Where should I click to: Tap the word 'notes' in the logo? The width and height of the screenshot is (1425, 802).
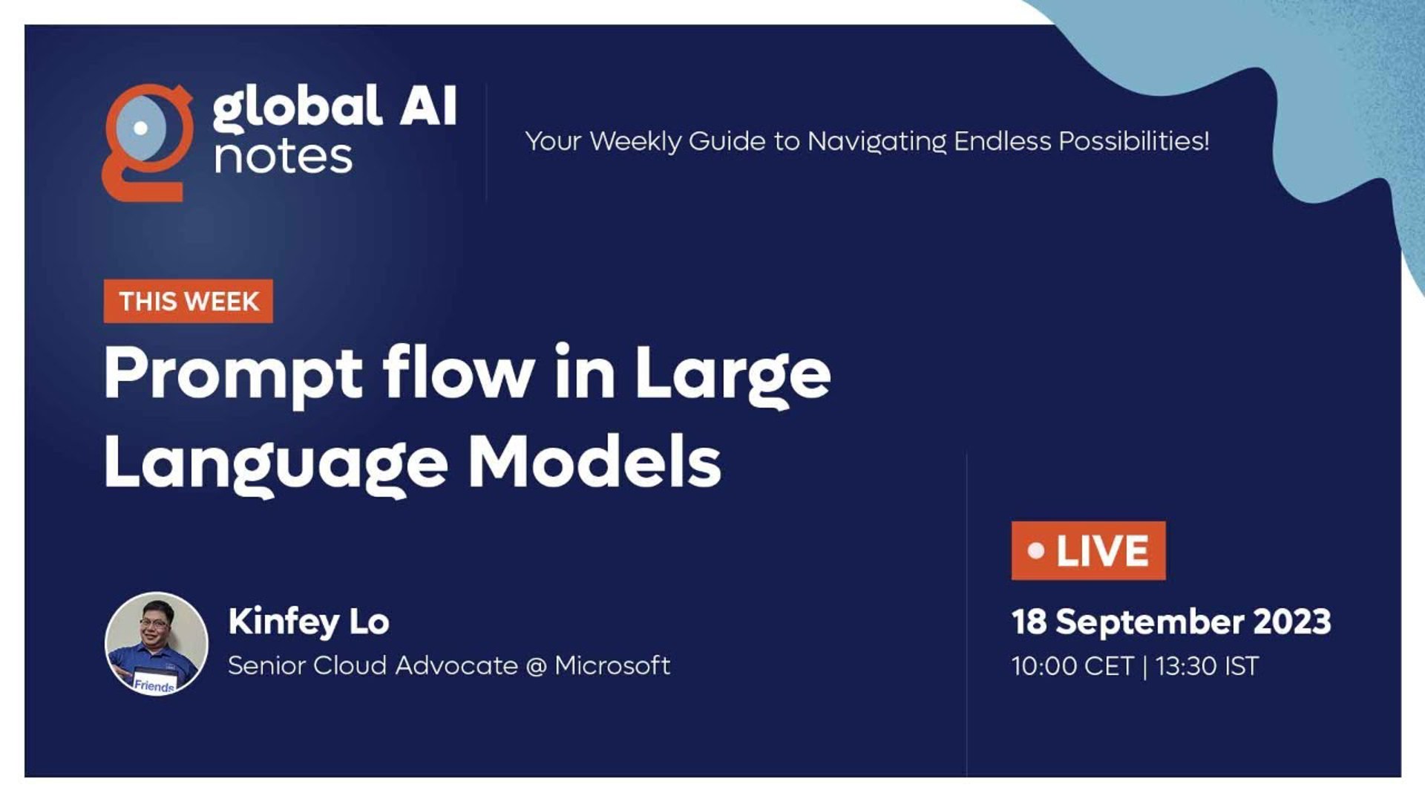[283, 157]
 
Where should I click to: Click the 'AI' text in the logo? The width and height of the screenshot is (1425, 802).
[428, 105]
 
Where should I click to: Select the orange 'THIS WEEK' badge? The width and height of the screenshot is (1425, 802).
[189, 301]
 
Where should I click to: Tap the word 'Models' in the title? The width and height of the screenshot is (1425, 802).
[594, 460]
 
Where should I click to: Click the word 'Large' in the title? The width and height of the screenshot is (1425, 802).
[733, 375]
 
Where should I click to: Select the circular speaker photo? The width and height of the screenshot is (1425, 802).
[157, 644]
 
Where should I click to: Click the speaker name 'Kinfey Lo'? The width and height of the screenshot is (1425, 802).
[309, 622]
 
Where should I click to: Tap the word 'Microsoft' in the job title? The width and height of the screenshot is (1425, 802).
[612, 665]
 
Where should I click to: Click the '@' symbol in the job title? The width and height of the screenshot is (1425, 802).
[537, 666]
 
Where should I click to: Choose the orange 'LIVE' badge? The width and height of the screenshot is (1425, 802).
[1088, 550]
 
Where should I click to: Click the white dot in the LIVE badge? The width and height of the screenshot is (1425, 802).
[1036, 551]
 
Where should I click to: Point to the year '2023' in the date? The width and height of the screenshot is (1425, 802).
[1292, 622]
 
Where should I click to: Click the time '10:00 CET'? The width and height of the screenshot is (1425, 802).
[1072, 666]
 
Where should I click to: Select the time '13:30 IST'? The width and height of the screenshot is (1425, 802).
[1207, 666]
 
